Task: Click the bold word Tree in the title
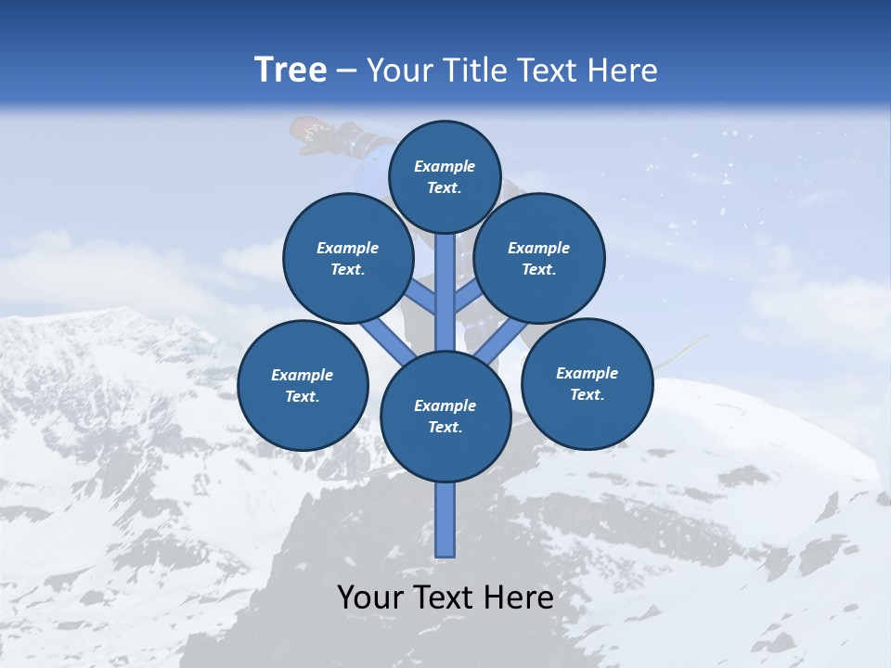pos(291,70)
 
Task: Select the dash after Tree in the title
pos(346,71)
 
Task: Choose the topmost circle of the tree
pos(445,176)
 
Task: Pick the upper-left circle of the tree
pos(348,258)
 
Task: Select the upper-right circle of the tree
pos(539,258)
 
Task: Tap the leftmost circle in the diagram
pos(303,385)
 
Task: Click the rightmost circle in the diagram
pos(587,383)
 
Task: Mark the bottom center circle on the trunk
pos(445,417)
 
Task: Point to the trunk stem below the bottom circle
pos(445,520)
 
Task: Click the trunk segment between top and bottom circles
pos(445,292)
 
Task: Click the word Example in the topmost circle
pos(445,166)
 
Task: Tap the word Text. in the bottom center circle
pos(445,428)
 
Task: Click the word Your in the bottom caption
pos(370,597)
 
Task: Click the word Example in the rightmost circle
pos(587,373)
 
